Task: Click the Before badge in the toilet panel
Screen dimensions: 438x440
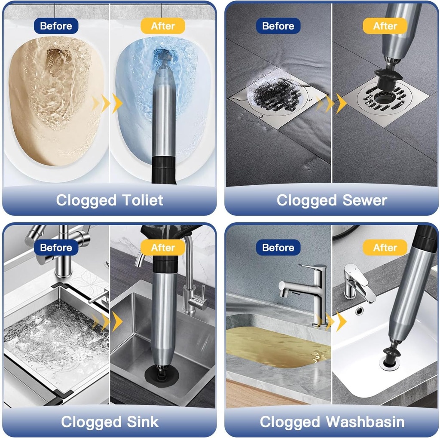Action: pos(56,26)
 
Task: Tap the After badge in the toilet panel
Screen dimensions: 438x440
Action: pos(163,26)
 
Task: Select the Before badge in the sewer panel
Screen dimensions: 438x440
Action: pos(278,26)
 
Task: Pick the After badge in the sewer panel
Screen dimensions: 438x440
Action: pos(385,26)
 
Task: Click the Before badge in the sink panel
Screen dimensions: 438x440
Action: pos(56,248)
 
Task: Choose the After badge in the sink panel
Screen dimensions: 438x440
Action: pos(163,248)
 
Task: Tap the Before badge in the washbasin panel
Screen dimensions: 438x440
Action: pos(278,248)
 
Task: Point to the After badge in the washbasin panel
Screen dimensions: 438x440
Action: pos(385,248)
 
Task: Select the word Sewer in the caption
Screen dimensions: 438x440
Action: pos(364,200)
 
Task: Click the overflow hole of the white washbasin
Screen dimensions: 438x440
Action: pos(359,310)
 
